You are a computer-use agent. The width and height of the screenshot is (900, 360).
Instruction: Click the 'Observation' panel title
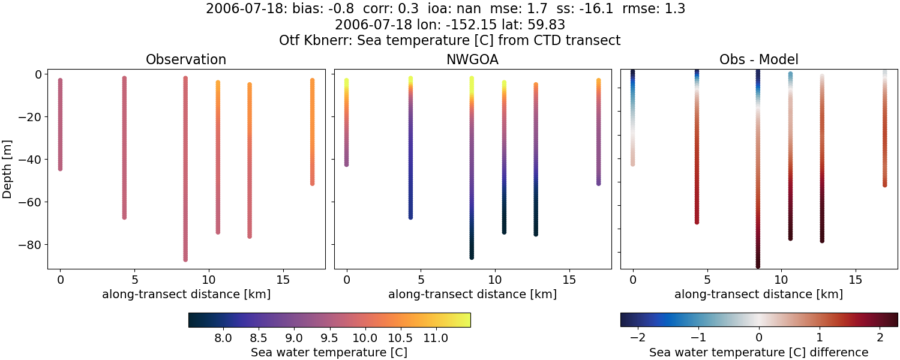[x=186, y=60]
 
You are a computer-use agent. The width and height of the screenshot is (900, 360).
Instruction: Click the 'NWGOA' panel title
[x=472, y=60]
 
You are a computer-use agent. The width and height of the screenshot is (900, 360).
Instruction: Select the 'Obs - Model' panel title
[x=758, y=60]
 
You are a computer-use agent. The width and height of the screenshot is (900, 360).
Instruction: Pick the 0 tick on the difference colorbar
[x=759, y=338]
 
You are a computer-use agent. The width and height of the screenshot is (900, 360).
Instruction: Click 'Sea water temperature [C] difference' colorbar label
[x=758, y=352]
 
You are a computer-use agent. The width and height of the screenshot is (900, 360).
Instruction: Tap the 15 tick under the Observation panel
[x=283, y=280]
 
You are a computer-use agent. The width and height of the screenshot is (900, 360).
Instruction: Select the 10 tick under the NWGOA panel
[x=494, y=280]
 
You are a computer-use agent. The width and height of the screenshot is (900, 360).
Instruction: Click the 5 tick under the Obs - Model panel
[x=707, y=280]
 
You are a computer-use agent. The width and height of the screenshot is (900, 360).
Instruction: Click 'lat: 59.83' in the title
[x=532, y=25]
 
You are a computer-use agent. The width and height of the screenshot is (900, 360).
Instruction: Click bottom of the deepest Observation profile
[x=185, y=259]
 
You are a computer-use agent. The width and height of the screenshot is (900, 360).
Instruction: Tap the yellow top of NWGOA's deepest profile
[x=472, y=80]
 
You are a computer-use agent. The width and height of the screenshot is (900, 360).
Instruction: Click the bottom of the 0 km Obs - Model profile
[x=632, y=163]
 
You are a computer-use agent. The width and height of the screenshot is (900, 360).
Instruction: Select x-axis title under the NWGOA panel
[x=472, y=295]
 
